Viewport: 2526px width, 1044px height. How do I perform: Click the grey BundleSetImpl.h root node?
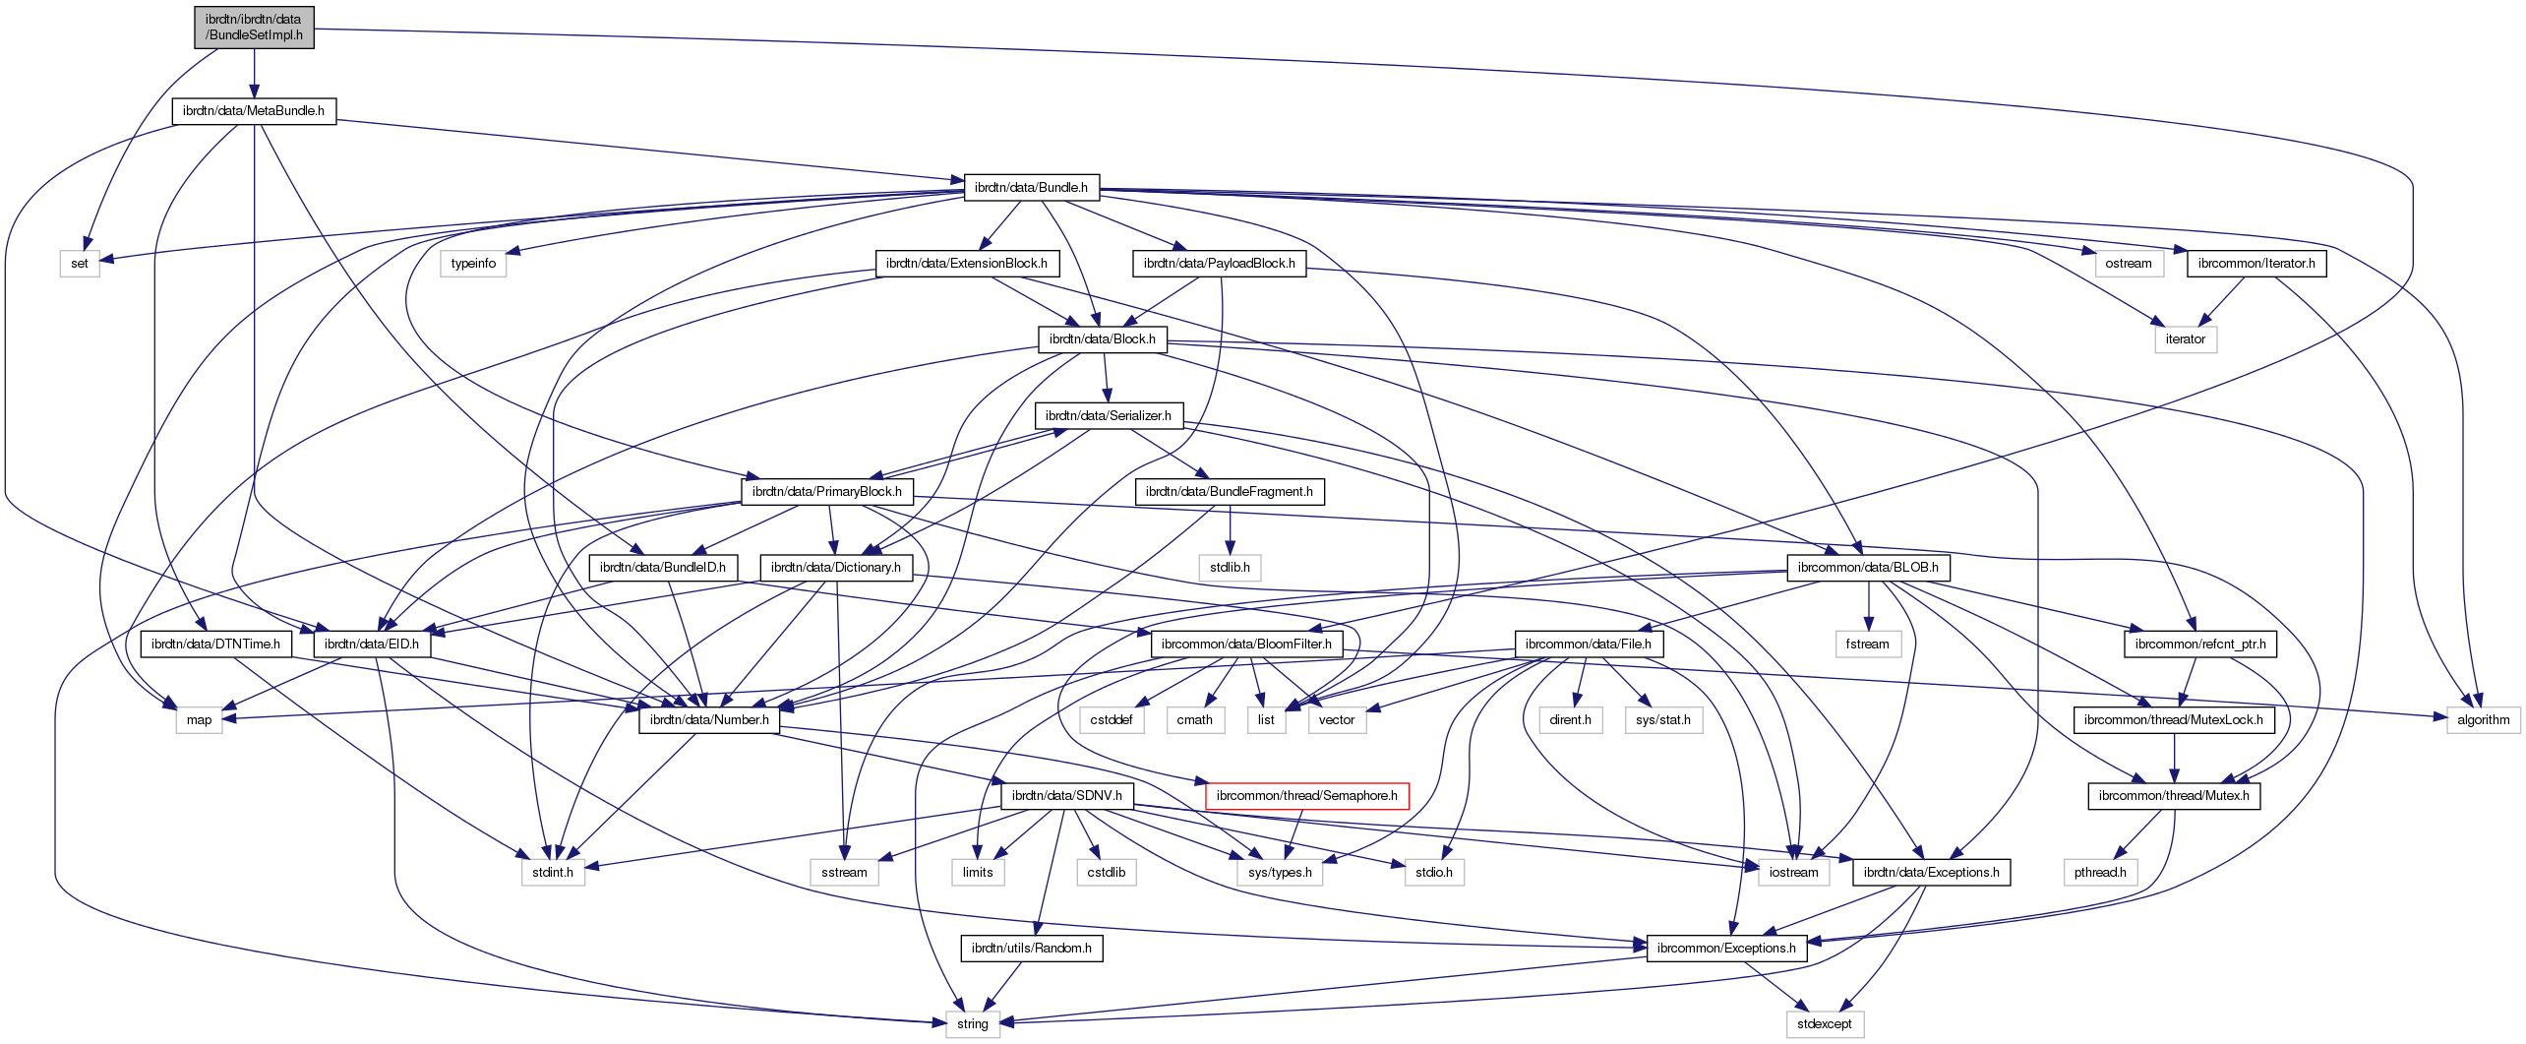(x=254, y=27)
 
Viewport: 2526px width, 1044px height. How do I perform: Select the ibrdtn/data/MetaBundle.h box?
(x=254, y=111)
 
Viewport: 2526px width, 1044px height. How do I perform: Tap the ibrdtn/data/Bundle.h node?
(x=1031, y=187)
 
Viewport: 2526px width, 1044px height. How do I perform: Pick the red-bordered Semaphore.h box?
(x=1306, y=795)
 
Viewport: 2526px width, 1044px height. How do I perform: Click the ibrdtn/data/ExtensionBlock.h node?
(x=966, y=263)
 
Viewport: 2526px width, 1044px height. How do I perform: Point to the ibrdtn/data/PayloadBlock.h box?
(x=1219, y=263)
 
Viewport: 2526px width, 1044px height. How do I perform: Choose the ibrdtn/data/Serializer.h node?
(x=1108, y=415)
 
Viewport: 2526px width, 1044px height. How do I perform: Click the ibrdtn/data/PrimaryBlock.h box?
(x=826, y=491)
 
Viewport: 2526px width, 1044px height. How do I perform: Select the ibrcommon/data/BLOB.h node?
(x=1868, y=567)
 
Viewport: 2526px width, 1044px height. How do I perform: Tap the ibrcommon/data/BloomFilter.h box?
(x=1246, y=644)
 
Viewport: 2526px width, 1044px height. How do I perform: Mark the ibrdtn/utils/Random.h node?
(x=1031, y=948)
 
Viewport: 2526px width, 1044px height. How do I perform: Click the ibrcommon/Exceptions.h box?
(x=1726, y=948)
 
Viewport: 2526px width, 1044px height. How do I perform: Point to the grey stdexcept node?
(x=1824, y=1023)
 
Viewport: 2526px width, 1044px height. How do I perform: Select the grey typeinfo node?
(x=473, y=263)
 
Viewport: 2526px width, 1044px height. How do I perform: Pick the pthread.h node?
(x=2100, y=872)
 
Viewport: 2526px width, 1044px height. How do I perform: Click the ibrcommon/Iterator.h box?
(x=2256, y=263)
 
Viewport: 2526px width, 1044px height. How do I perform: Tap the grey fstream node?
(x=1867, y=644)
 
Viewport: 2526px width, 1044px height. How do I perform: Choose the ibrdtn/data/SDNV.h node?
(x=1066, y=795)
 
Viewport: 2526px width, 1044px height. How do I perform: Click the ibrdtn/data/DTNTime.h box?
(x=215, y=644)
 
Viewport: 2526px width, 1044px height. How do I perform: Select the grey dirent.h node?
(x=1570, y=719)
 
